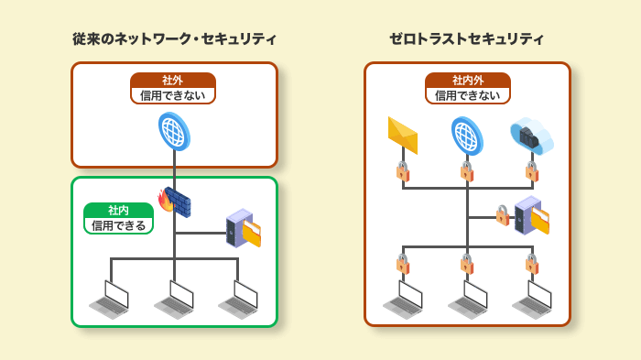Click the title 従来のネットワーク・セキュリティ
[174, 38]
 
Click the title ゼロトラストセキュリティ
[466, 38]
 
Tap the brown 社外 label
[173, 80]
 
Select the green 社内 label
[118, 210]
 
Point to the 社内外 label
[467, 80]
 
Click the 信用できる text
[118, 225]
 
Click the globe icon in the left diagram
[173, 131]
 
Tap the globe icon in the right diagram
[467, 136]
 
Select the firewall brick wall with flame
[175, 201]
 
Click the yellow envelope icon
[402, 135]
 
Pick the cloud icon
[531, 136]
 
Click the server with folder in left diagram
[244, 228]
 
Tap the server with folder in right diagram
[531, 216]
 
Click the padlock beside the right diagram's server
[502, 215]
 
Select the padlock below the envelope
[402, 171]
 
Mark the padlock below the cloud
[531, 171]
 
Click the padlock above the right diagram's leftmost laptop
[402, 264]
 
